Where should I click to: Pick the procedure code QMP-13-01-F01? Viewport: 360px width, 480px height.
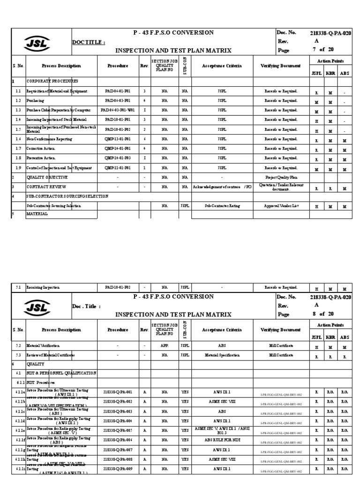tap(118, 139)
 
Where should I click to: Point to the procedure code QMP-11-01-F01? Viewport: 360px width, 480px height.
tap(118, 168)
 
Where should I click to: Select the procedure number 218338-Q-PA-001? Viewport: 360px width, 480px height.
tap(118, 392)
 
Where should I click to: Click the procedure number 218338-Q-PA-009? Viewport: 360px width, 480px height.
tap(118, 468)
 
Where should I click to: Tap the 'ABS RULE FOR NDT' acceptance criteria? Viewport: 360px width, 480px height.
tap(223, 440)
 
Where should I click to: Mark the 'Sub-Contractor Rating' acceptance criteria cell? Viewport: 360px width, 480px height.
tap(223, 206)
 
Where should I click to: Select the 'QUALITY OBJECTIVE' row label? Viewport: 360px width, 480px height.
tap(47, 178)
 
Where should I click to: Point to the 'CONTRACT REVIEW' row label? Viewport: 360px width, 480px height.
tap(46, 187)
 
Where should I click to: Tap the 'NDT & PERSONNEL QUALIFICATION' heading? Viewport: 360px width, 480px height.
tap(61, 373)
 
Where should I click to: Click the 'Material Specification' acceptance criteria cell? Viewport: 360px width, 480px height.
tap(223, 355)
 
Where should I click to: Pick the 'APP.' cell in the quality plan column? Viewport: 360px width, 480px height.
tap(165, 345)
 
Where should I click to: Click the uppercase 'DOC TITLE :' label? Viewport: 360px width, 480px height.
tap(89, 42)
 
